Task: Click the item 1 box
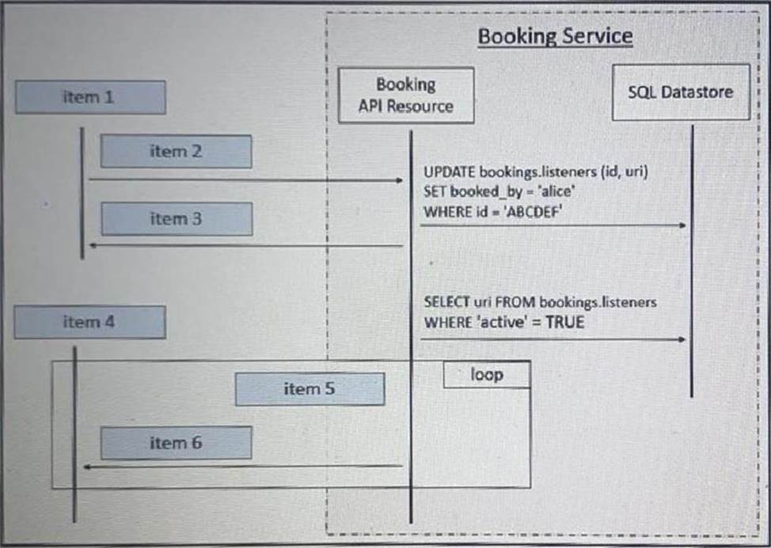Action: (x=90, y=97)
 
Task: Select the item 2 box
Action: (x=176, y=151)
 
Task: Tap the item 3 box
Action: (x=177, y=219)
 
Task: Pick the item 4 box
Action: (x=89, y=323)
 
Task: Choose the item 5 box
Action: (x=310, y=389)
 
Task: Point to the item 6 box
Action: (x=176, y=443)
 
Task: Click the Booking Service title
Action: (x=555, y=36)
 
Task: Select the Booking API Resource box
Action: (x=406, y=95)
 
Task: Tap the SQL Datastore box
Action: (x=681, y=92)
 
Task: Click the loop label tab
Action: (x=486, y=374)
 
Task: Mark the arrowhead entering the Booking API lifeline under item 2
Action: (x=400, y=180)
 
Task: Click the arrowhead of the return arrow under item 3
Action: (x=92, y=246)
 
